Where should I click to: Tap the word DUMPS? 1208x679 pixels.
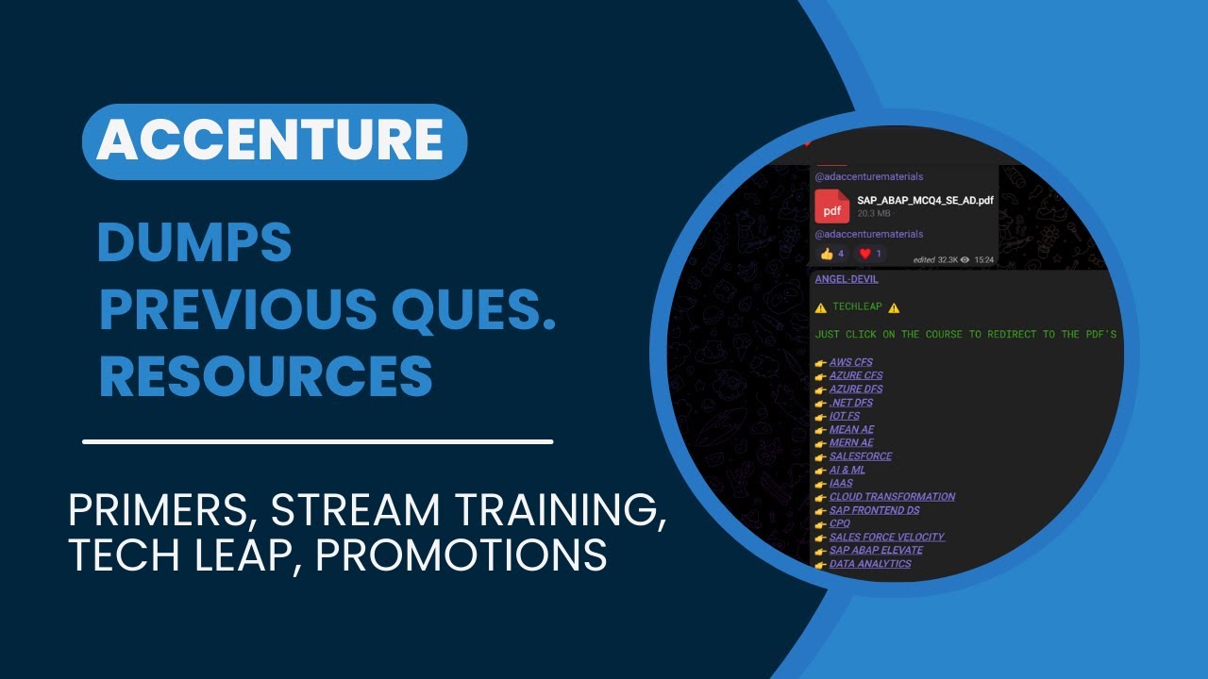tap(194, 244)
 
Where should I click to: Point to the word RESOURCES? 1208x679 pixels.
tap(266, 376)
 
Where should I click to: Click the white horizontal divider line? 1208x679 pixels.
tap(317, 441)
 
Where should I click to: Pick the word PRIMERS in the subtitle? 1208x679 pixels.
tap(161, 510)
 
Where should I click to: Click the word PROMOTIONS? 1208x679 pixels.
tap(461, 555)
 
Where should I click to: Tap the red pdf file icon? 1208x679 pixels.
tap(831, 206)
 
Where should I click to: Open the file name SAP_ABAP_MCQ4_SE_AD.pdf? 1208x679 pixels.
tap(925, 200)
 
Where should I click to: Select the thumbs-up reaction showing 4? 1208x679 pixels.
tap(831, 254)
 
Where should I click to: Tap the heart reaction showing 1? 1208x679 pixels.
tap(870, 254)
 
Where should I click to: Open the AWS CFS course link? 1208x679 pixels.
tap(850, 362)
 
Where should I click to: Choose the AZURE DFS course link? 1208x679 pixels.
tap(856, 389)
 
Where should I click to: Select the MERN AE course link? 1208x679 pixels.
tap(851, 443)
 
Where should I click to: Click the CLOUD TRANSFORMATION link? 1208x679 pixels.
tap(892, 497)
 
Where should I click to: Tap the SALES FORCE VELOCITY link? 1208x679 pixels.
tap(886, 538)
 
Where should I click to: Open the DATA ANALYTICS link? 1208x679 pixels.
tap(870, 564)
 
